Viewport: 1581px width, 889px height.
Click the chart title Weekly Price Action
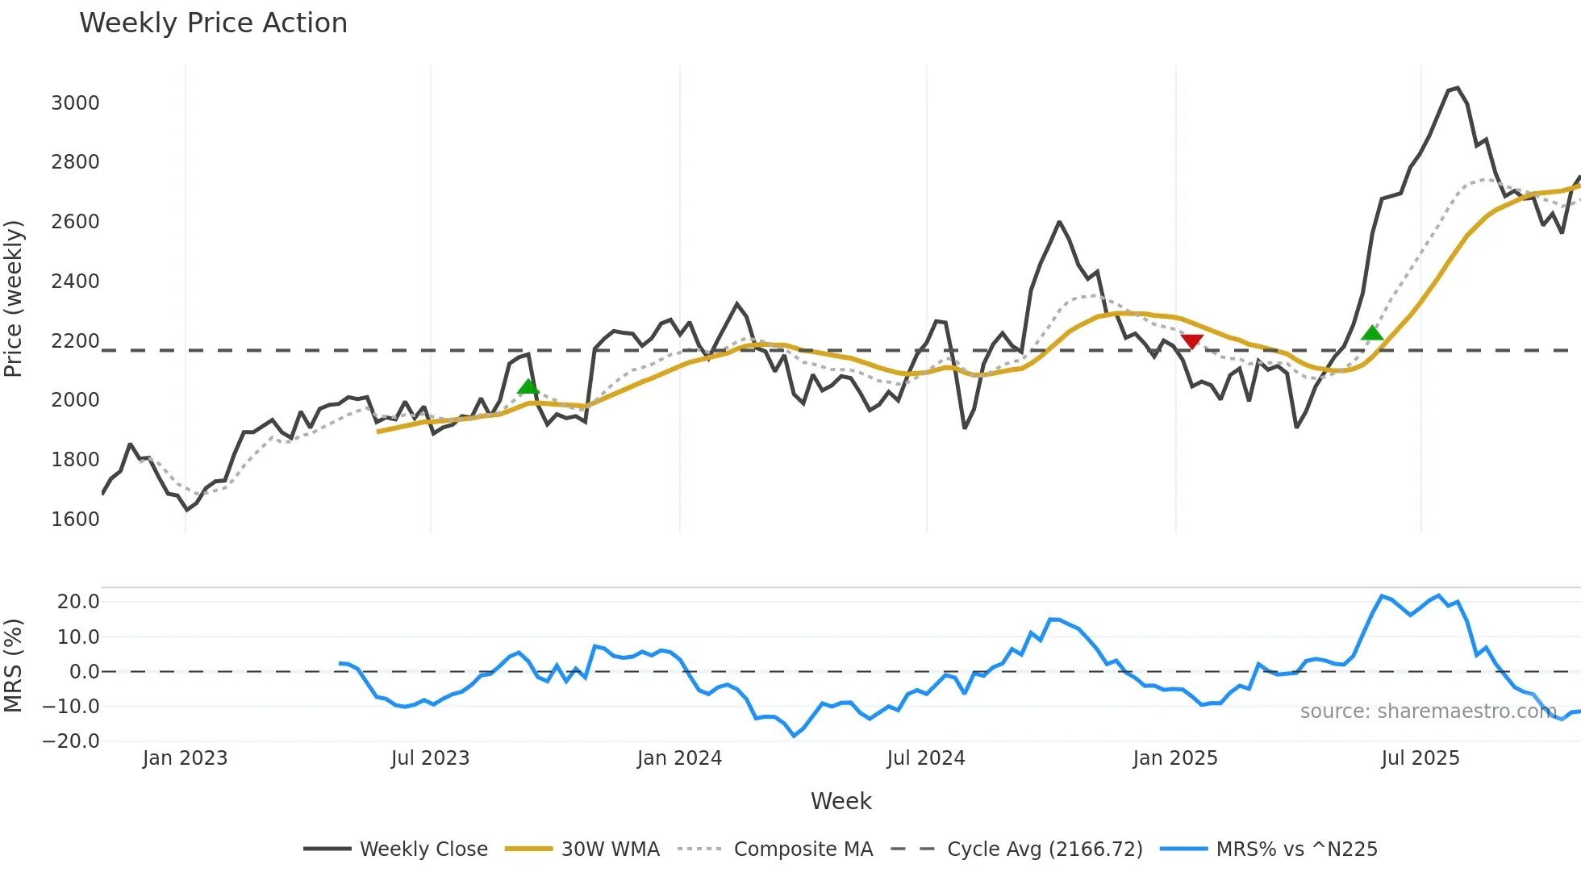[x=213, y=23]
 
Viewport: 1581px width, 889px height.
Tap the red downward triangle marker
[x=1191, y=342]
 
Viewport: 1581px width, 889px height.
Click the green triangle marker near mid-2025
[x=1371, y=333]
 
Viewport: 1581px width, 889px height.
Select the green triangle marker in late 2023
[x=528, y=386]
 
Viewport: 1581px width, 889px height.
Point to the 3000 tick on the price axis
[x=75, y=103]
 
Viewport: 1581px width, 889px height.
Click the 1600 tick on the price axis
[x=75, y=520]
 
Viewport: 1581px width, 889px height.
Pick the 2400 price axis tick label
[x=75, y=282]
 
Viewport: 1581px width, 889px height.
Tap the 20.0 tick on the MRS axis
[x=78, y=602]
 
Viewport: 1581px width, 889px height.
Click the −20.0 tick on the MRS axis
[x=72, y=741]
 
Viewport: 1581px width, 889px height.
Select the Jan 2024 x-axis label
[x=679, y=759]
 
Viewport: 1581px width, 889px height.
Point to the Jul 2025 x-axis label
[x=1420, y=759]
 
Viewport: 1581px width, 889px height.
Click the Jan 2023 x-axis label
[x=185, y=759]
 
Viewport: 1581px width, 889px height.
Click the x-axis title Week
[x=841, y=802]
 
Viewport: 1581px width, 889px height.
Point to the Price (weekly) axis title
[x=14, y=298]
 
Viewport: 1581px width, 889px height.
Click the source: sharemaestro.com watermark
[x=1428, y=712]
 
